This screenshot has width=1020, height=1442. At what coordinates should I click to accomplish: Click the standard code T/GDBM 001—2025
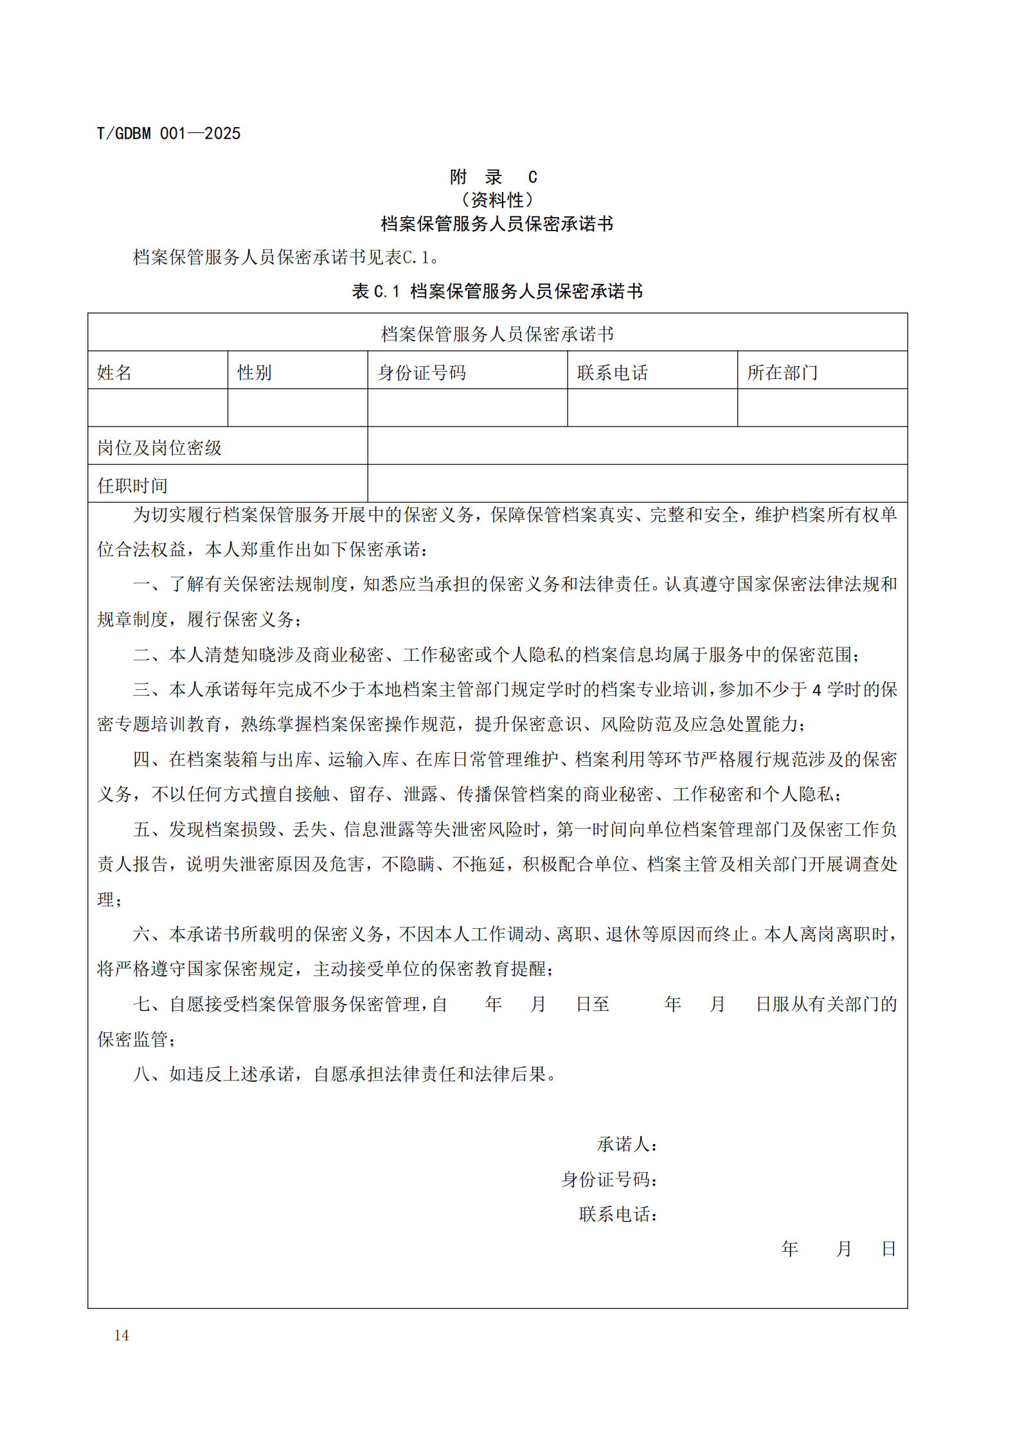(168, 134)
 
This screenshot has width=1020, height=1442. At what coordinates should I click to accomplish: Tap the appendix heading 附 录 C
(493, 177)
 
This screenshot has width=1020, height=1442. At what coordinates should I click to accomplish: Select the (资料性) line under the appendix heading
(497, 200)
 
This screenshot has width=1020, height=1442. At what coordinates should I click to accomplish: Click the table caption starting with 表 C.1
(497, 291)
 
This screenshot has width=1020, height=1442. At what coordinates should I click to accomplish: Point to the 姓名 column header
(114, 373)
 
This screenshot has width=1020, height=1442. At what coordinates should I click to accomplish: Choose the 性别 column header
(255, 373)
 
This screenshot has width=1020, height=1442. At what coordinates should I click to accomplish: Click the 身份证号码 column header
(422, 373)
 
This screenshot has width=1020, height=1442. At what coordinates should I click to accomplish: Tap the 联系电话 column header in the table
(612, 373)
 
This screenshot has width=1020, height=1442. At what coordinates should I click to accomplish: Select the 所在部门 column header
(782, 373)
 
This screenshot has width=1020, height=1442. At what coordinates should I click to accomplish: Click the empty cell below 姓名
(157, 407)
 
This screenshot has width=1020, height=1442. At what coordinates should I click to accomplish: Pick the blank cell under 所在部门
(822, 407)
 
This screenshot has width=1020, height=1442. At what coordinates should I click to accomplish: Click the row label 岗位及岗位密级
(159, 448)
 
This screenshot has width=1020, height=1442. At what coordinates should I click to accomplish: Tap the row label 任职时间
(132, 486)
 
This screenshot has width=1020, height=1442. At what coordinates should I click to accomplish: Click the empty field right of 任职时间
(637, 484)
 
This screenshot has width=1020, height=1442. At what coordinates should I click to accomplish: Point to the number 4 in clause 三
(816, 690)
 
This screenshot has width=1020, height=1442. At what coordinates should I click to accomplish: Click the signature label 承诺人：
(627, 1145)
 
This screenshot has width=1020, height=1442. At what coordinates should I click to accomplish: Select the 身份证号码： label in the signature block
(609, 1179)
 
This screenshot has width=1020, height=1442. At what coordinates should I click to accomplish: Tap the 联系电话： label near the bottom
(618, 1214)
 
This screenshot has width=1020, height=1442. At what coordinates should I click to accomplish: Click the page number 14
(121, 1335)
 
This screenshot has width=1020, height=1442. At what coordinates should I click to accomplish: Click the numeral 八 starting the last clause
(141, 1074)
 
